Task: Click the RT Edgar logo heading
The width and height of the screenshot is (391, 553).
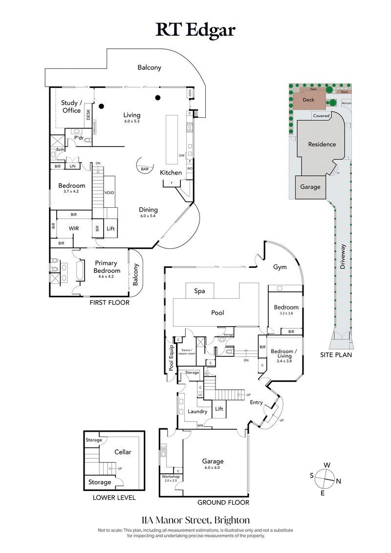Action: point(195,30)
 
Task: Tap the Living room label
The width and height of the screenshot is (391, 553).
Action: point(132,115)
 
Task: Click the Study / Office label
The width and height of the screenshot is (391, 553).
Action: point(71,107)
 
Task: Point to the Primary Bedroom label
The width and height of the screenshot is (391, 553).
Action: point(107,267)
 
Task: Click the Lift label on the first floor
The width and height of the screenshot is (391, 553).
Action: point(110,228)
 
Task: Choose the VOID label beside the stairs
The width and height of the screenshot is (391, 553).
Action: point(109,193)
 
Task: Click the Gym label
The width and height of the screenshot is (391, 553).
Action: point(280,267)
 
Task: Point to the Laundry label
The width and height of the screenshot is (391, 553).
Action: point(198,411)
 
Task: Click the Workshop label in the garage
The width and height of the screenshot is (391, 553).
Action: point(171,477)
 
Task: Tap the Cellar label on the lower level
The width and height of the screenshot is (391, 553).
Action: point(123,452)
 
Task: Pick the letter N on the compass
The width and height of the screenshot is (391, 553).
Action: point(338,481)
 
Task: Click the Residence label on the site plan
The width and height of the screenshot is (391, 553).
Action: point(322,144)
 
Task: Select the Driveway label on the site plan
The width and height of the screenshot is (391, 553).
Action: point(343,257)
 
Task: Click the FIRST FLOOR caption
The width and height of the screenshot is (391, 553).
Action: point(109,303)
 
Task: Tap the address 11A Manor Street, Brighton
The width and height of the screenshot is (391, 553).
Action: point(195,519)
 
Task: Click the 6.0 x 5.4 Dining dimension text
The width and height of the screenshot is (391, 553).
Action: point(148,216)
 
